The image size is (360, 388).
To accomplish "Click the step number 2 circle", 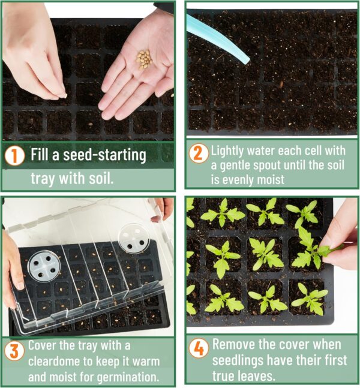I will pyautogui.click(x=199, y=154).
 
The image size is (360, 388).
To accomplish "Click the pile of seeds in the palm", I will pyautogui.click(x=144, y=58).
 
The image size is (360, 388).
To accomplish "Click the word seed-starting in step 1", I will pyautogui.click(x=106, y=155).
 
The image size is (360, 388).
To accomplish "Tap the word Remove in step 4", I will pyautogui.click(x=233, y=345).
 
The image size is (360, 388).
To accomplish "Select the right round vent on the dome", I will pyautogui.click(x=131, y=236).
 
